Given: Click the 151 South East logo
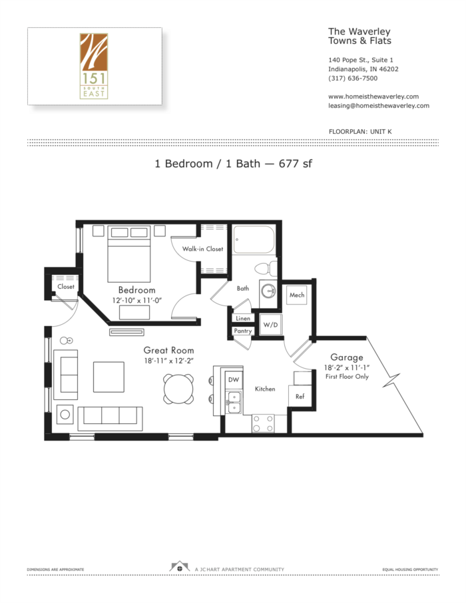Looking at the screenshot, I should coord(94,65).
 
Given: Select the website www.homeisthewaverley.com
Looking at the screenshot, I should coord(373,97).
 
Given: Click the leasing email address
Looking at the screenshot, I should coord(378,106).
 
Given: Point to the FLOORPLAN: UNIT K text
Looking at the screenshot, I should coord(360,132).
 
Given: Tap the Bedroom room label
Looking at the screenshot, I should coord(137,290).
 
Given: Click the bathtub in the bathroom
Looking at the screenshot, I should coord(252,240).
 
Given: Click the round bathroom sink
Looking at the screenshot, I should coord(268,291).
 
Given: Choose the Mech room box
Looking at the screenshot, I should coord(296,296).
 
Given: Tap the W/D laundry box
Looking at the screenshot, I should coord(270,325).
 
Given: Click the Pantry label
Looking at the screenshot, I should coord(242,331).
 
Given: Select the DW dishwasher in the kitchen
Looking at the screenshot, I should coord(233,379).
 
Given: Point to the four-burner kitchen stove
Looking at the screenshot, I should coord(263,423).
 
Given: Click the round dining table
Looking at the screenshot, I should coord(179,387).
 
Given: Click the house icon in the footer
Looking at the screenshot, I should coord(179,568).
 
